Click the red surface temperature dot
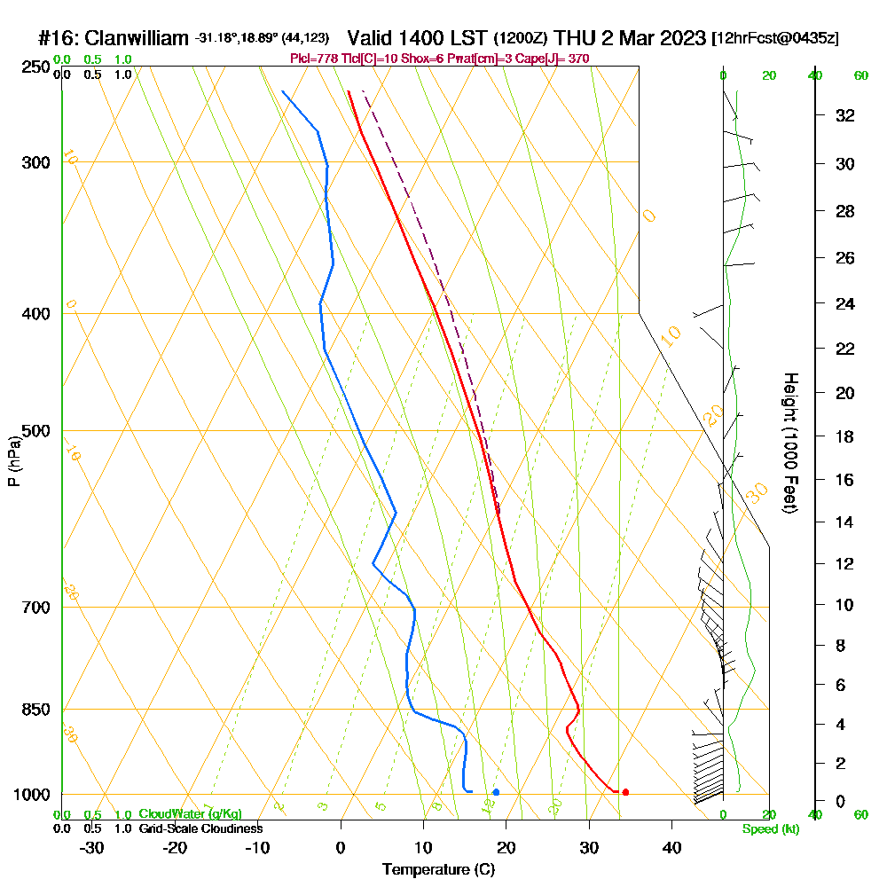[625, 792]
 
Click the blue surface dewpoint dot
[496, 792]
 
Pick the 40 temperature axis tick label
[671, 847]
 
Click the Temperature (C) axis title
[438, 870]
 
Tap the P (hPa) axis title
[13, 461]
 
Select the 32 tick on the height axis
[845, 115]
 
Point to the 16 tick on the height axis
[845, 480]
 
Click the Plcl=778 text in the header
[311, 59]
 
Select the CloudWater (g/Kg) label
[190, 814]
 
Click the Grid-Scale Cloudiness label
[200, 828]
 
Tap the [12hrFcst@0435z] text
[775, 39]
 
